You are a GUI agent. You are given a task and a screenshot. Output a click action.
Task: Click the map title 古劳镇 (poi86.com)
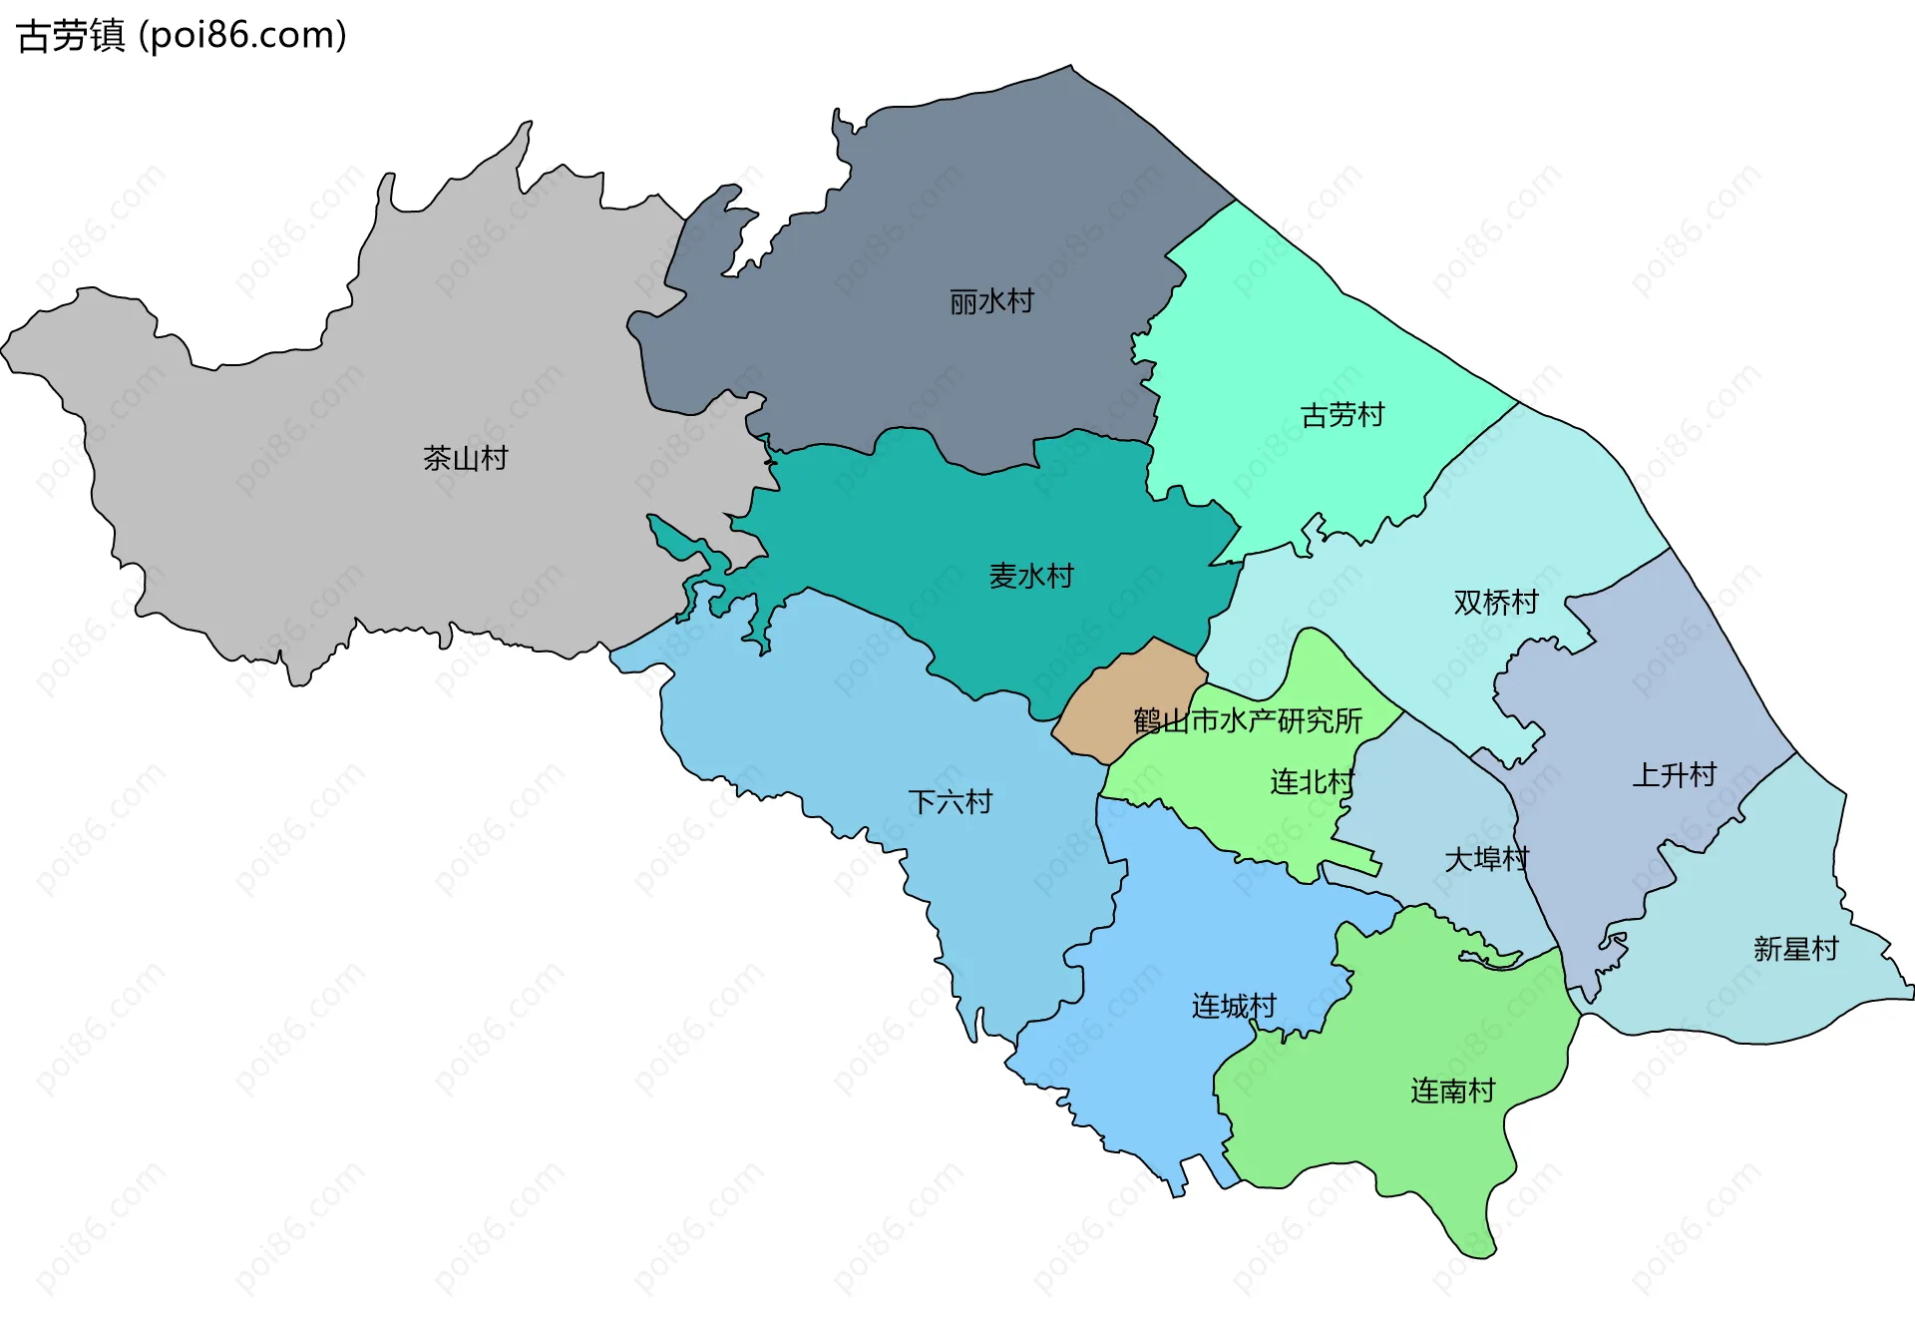182,35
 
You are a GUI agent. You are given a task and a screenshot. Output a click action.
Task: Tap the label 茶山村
466,458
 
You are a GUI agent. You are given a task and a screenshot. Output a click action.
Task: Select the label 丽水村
991,300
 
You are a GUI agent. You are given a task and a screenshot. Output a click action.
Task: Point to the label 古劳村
1342,414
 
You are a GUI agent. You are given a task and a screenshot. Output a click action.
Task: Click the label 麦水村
1030,576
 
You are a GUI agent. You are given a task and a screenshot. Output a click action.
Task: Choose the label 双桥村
1495,602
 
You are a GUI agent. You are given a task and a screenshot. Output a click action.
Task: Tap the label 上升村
1674,774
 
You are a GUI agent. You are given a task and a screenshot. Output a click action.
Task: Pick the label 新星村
1795,948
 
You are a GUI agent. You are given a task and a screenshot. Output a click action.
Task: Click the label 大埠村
1486,858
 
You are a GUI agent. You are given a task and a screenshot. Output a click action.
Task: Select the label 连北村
1312,781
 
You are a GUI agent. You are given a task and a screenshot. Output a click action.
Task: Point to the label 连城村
1234,1005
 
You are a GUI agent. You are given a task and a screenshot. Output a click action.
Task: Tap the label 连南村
1452,1091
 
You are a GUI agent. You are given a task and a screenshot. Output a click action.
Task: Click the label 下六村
950,801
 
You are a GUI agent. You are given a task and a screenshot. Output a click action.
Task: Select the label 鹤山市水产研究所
1247,719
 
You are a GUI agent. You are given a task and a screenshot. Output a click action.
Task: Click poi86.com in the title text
242,35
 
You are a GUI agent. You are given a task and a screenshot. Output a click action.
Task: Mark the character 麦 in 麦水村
1002,576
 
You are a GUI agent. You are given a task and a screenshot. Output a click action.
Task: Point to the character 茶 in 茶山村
438,458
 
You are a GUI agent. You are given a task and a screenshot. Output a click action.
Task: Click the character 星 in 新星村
1795,948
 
